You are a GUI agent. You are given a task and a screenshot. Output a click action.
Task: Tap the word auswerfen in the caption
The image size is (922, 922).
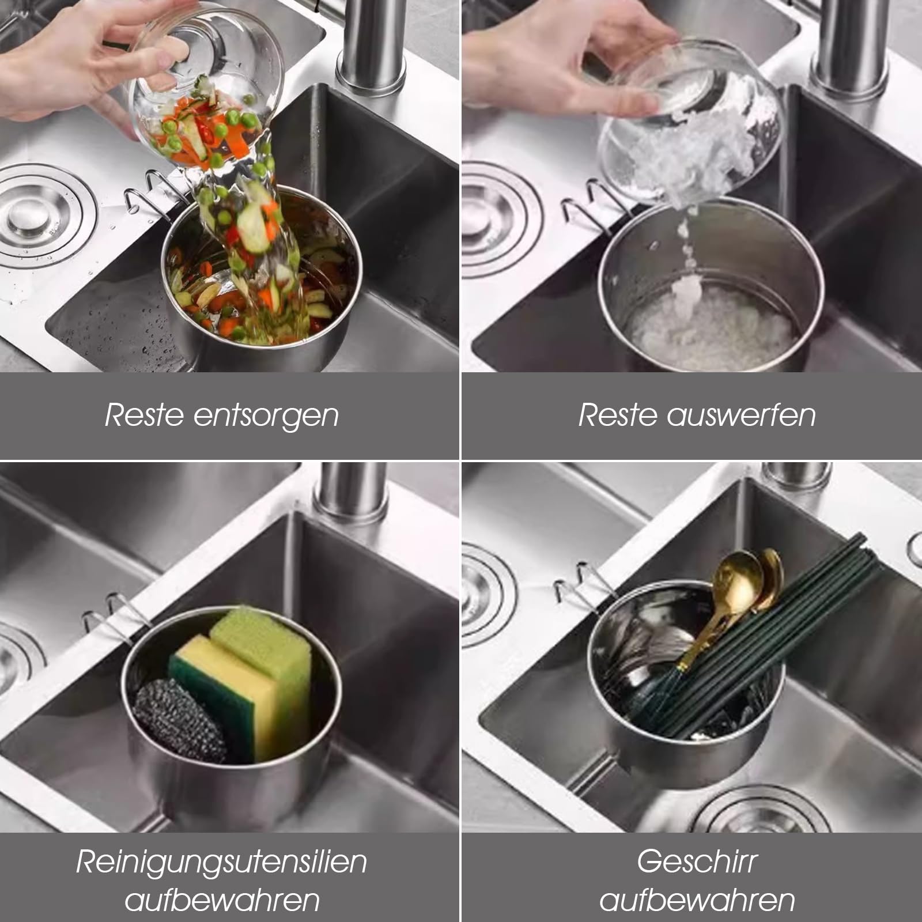click(741, 415)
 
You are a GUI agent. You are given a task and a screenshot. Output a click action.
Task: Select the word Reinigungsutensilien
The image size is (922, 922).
click(221, 862)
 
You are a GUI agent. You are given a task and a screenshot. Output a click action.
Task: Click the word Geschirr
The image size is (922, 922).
click(697, 862)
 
